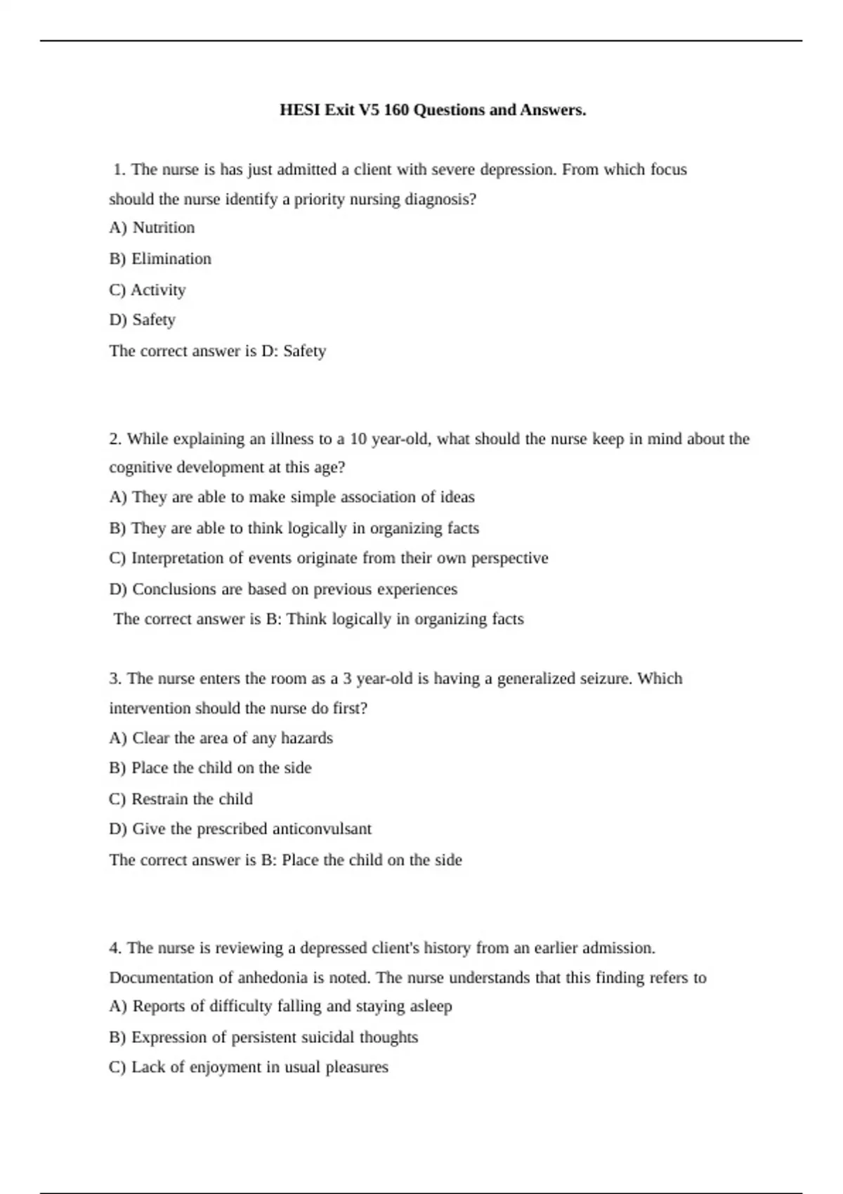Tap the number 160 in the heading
396,110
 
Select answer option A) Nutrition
152,228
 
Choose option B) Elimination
160,258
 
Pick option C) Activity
148,289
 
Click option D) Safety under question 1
143,320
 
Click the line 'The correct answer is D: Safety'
218,350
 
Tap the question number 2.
115,439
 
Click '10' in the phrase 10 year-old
358,439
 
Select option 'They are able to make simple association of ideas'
292,497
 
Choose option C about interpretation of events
329,558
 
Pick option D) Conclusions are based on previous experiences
283,589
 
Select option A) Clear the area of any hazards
221,738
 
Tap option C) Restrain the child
181,799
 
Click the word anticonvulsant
322,829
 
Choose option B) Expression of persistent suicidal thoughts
263,1037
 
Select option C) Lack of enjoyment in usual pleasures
249,1067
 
